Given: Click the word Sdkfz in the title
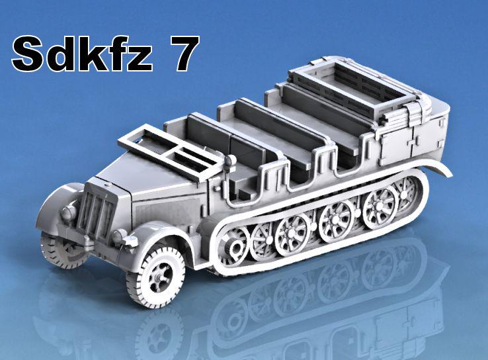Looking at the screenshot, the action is (x=82, y=54).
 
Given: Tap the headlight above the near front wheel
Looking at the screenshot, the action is (x=118, y=237).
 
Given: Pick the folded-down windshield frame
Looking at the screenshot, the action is (x=171, y=152).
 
